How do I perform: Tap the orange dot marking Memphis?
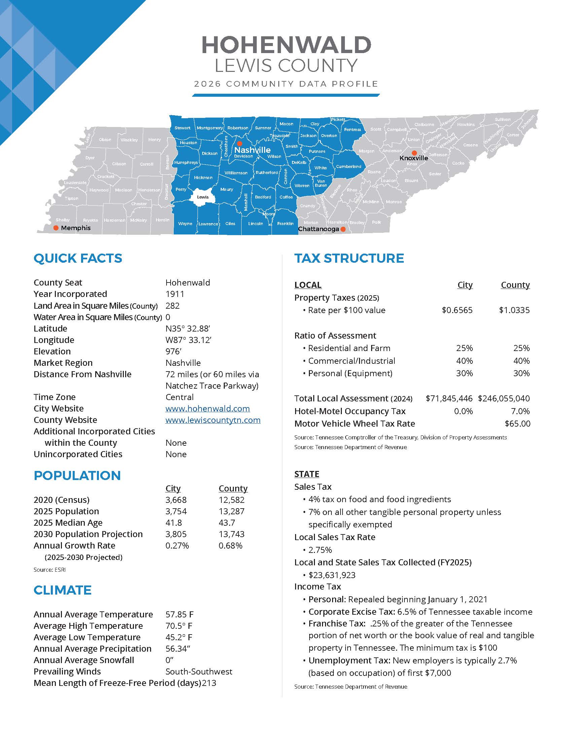[56, 228]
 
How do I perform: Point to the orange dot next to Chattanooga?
[343, 229]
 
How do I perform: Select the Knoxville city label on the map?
[414, 158]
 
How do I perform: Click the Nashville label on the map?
[252, 150]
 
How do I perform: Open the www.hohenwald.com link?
[207, 408]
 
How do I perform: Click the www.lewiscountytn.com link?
[213, 420]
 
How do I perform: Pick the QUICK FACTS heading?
[78, 259]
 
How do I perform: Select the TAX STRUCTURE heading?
[349, 259]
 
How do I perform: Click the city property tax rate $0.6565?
[457, 310]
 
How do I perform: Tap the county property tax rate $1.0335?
[514, 310]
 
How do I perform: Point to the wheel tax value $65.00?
[517, 424]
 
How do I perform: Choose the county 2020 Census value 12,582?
[231, 500]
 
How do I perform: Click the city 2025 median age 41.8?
[174, 523]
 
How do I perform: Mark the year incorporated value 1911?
[175, 294]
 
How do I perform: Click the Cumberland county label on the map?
[348, 167]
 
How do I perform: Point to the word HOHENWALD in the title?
[286, 45]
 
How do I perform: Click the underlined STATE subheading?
[307, 474]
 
